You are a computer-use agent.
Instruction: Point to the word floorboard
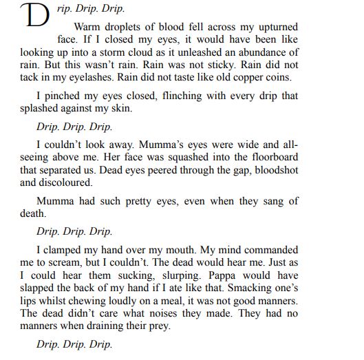(272, 158)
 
